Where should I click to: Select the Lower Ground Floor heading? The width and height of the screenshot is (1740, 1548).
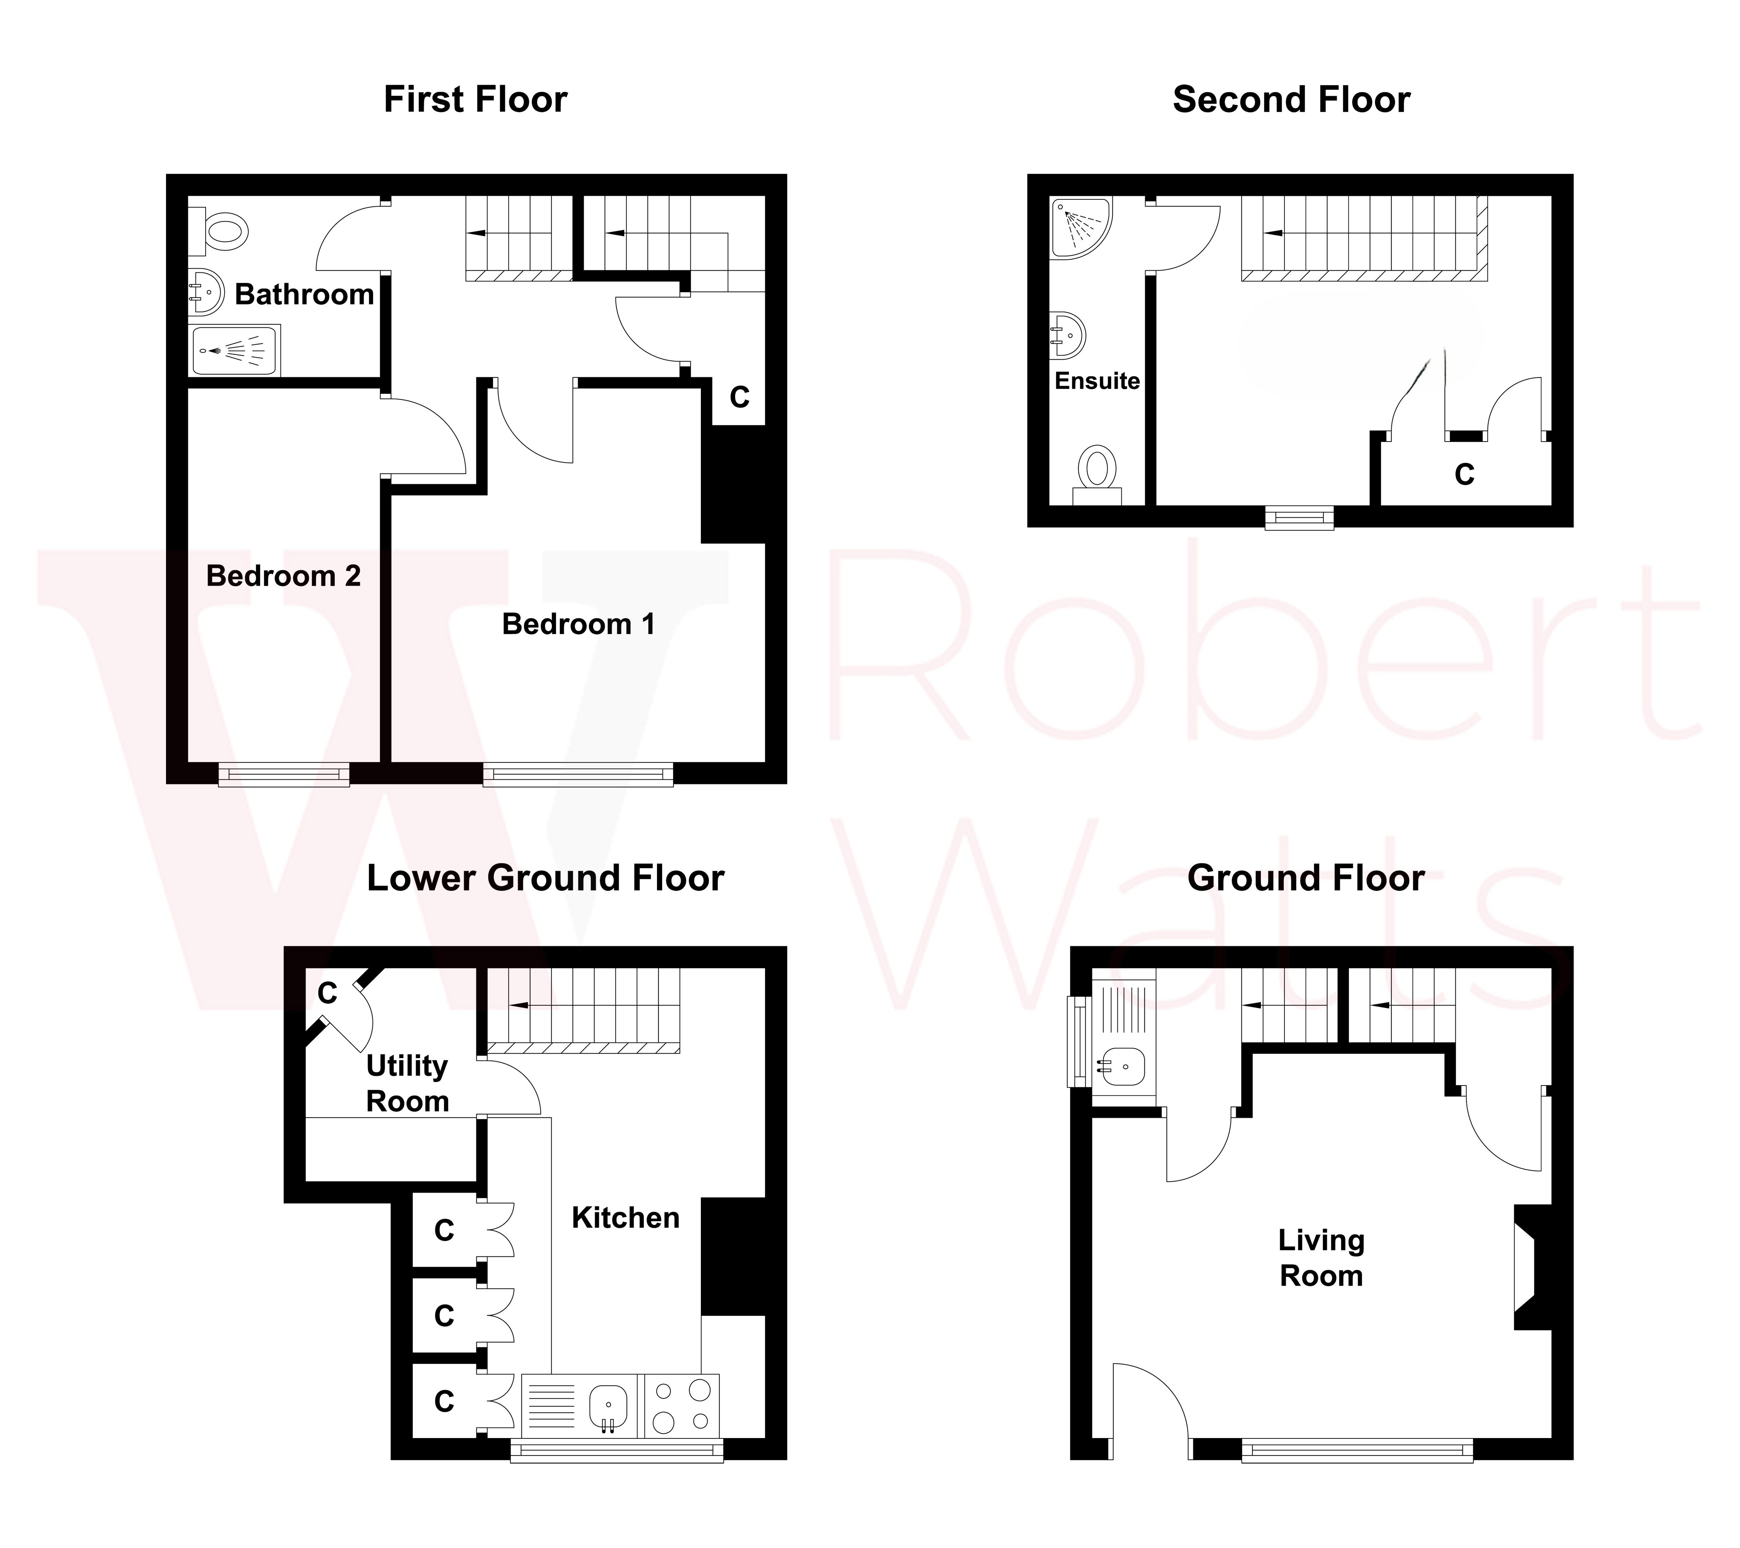[x=545, y=878]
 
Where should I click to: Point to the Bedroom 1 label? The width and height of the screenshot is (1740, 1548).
[x=578, y=624]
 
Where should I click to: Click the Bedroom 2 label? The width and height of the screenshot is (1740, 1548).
[x=284, y=576]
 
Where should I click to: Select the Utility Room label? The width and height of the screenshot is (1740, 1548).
[x=407, y=1083]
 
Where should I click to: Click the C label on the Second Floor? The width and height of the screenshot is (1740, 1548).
[x=1464, y=474]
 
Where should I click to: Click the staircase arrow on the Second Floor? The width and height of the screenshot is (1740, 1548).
[x=1273, y=232]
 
